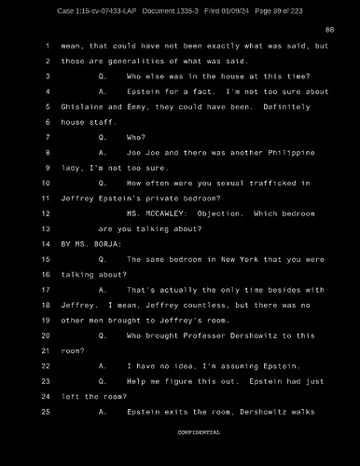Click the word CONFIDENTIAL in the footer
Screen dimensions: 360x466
199,433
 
